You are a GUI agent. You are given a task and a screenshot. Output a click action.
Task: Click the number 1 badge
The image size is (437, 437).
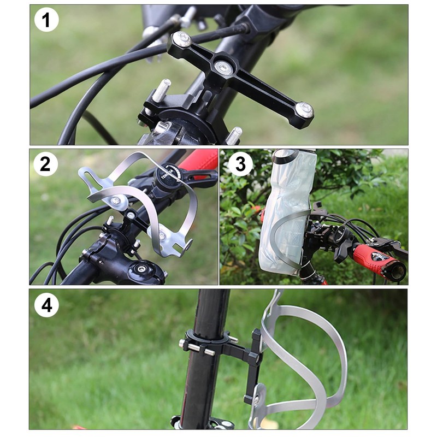(46, 21)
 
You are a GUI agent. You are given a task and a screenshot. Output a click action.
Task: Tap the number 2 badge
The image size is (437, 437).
(46, 164)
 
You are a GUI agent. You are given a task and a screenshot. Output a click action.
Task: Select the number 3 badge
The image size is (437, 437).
(240, 164)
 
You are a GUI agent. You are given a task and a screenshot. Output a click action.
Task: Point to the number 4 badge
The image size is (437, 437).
(46, 305)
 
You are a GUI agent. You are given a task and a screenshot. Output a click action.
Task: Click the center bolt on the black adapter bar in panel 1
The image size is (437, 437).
(222, 67)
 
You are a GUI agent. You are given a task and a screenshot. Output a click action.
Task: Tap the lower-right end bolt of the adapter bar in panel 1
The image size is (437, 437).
(304, 110)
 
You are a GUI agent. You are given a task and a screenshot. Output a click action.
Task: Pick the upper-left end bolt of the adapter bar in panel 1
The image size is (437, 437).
(181, 39)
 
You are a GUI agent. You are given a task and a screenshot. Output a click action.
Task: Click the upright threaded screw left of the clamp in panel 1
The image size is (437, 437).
(162, 90)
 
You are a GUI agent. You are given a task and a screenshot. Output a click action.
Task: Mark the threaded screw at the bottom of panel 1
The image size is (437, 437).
(234, 134)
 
